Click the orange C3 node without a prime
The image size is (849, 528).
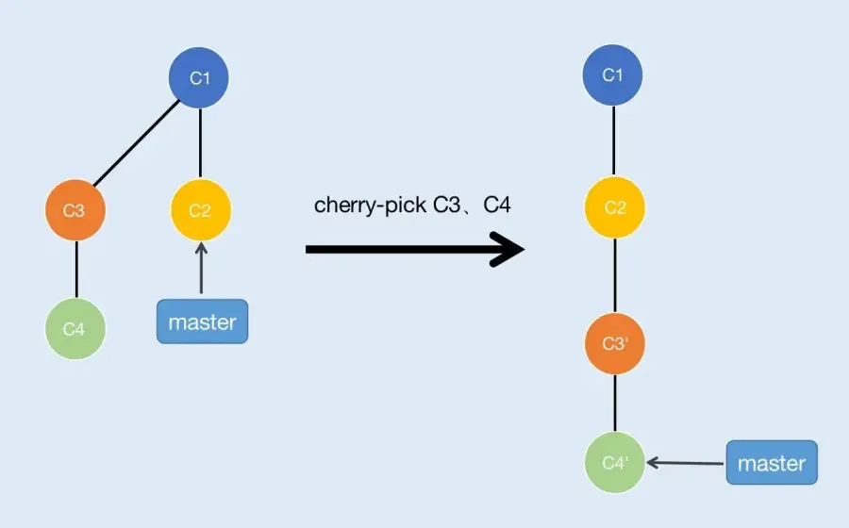[x=75, y=209]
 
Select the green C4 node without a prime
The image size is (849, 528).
[x=75, y=328]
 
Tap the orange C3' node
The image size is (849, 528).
[x=614, y=344]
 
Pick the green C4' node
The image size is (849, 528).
[x=614, y=463]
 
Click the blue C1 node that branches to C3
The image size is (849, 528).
[x=199, y=77]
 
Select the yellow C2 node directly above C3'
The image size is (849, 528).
[x=614, y=208]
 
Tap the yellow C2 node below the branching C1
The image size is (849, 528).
[x=200, y=209]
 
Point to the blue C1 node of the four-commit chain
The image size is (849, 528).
[x=613, y=74]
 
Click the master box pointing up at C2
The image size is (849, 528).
[x=202, y=322]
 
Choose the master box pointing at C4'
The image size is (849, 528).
[x=771, y=463]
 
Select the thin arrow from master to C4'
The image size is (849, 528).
[x=686, y=463]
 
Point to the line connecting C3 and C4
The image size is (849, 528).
[x=75, y=269]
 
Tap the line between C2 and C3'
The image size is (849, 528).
[x=614, y=276]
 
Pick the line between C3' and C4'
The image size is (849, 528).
[x=614, y=404]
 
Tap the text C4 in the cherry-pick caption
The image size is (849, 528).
[x=497, y=206]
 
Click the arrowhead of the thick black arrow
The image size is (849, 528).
[x=509, y=250]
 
